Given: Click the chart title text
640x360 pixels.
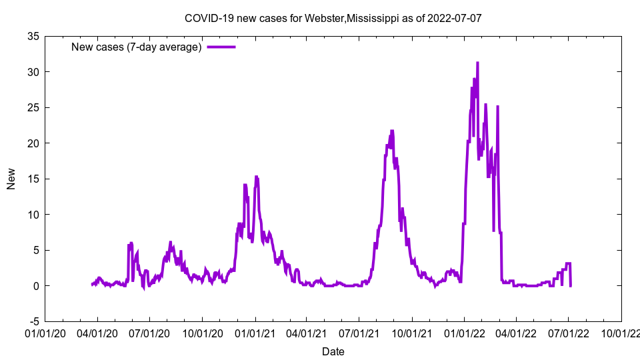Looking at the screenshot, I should pos(333,18).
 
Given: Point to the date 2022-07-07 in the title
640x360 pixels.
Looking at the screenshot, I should pos(456,18).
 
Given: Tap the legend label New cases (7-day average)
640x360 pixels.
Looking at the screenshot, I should pos(137,47).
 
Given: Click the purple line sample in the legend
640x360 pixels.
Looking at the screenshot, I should pos(221,47).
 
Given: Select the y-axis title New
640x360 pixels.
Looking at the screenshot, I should pos(11,179).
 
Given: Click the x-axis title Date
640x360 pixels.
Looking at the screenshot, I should pos(333,351).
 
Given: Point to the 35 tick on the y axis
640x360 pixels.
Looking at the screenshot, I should pos(33,36).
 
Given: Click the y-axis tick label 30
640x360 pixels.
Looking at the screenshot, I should pos(33,72).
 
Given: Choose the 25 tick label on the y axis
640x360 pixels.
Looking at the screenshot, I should pos(33,107).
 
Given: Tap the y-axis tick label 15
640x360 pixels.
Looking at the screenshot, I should pos(33,179).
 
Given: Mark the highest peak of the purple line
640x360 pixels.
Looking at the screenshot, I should pos(477,63).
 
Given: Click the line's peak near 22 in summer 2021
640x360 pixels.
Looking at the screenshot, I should pos(392,131).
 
